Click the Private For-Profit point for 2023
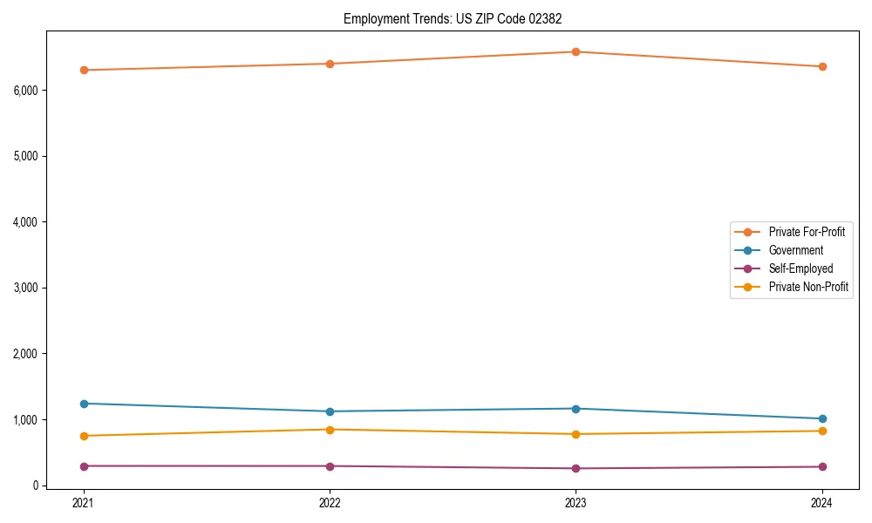(x=576, y=51)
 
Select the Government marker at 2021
(x=84, y=404)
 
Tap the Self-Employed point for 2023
(x=576, y=469)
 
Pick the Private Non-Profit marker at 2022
(x=330, y=430)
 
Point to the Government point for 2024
(x=822, y=419)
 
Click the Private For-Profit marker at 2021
(x=84, y=70)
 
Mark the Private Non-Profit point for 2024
(x=822, y=431)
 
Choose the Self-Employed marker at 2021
(x=84, y=466)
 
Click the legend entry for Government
(x=795, y=250)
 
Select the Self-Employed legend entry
(x=800, y=268)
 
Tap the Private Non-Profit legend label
(x=808, y=287)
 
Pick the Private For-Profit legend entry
(x=806, y=232)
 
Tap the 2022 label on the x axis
(x=330, y=502)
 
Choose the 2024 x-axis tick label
(x=822, y=502)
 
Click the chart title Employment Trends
(x=459, y=18)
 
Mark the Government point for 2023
(x=576, y=409)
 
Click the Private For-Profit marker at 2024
(x=822, y=66)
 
